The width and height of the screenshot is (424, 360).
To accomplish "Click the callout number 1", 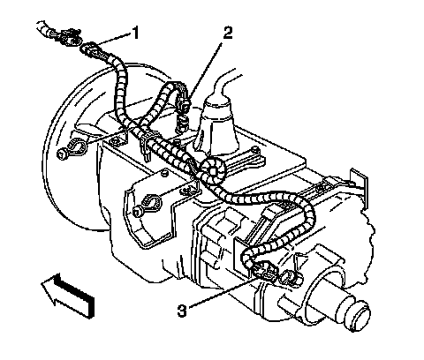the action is click(x=135, y=33).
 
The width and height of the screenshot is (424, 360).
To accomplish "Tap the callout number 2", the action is click(x=227, y=33).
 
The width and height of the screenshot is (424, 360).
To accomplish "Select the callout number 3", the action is click(x=182, y=311).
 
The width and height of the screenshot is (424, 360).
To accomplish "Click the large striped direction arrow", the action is click(x=68, y=296).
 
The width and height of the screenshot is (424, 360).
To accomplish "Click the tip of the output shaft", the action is click(x=360, y=317).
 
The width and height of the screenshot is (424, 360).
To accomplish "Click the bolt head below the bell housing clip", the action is click(x=62, y=154).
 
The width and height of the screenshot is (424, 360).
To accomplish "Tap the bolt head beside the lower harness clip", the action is click(x=137, y=211).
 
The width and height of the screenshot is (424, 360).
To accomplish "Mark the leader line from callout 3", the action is click(x=223, y=293).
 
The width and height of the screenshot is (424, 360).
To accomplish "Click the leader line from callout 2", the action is click(x=206, y=71).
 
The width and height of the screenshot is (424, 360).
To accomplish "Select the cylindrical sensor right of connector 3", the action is click(x=290, y=278).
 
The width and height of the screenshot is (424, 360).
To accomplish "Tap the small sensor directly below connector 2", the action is click(x=182, y=124).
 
